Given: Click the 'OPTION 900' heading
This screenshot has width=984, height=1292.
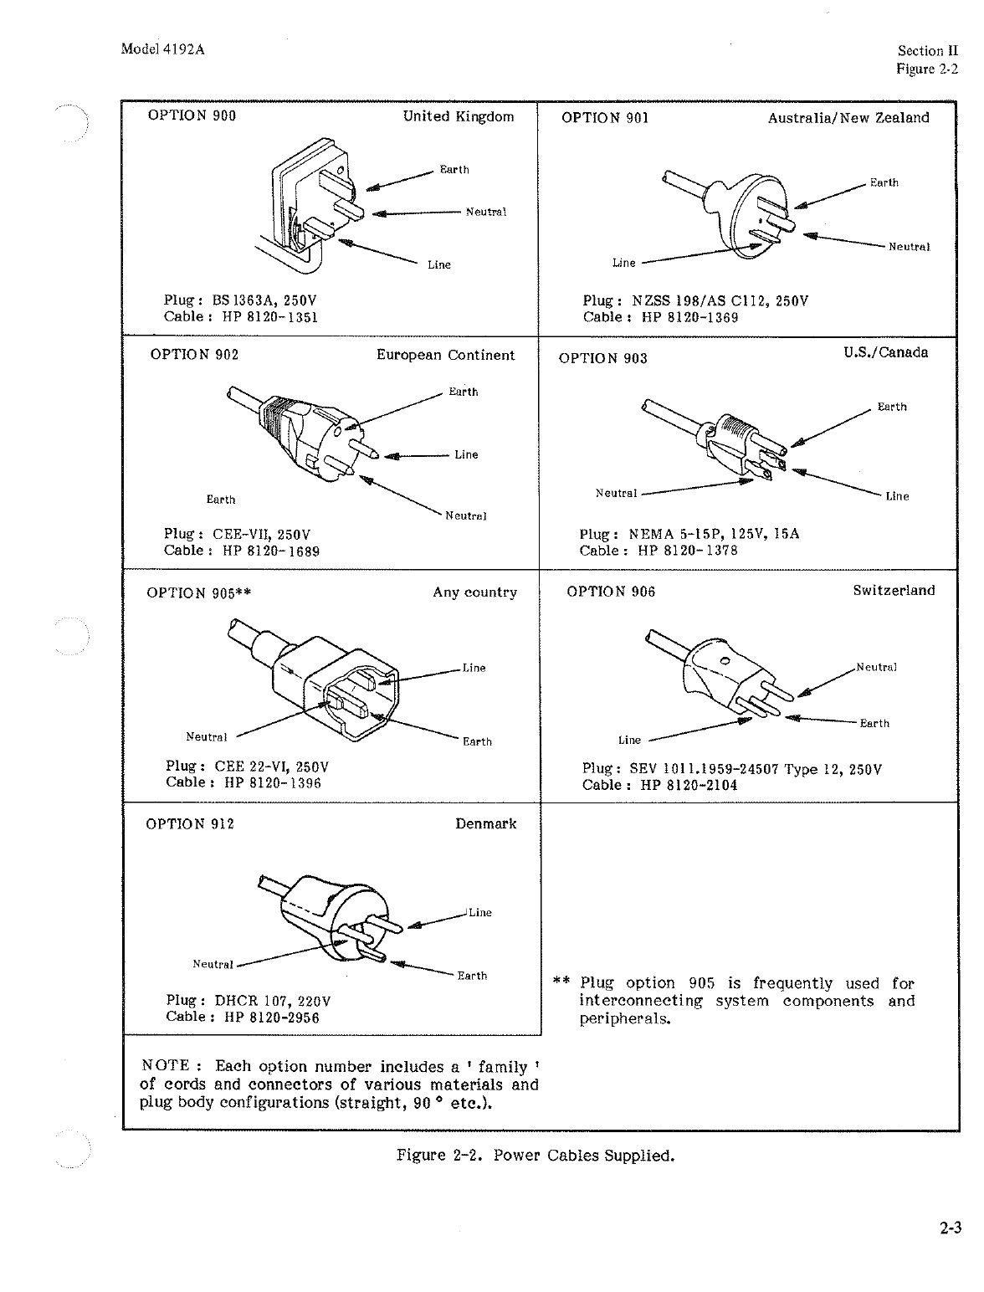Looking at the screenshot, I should [192, 115].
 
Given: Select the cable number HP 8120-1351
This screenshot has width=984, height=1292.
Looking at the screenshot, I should [270, 316].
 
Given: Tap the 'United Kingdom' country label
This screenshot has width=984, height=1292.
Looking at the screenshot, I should [458, 116].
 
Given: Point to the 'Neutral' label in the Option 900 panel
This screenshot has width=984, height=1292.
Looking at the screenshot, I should [485, 212].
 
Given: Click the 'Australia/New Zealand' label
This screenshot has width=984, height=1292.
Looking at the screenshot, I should [848, 118].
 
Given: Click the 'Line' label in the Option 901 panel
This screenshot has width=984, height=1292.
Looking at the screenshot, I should [623, 263].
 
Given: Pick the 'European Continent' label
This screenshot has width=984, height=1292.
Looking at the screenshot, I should [445, 355].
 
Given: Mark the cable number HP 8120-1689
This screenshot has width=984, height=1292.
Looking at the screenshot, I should [271, 551].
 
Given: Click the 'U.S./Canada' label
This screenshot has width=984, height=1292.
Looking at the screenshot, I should [885, 352].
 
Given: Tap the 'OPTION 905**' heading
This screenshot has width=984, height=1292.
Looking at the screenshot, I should [199, 593].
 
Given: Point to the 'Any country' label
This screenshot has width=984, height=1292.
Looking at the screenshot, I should [474, 592].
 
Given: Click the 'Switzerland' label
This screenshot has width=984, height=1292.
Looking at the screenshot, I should [894, 591].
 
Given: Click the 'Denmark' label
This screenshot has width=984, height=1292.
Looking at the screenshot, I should [485, 823].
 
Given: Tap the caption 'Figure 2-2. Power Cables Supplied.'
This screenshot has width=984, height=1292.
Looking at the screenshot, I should [536, 1156].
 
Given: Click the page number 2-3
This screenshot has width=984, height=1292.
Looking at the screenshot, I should [950, 1229].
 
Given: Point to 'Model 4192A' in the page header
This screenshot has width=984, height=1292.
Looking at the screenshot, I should [163, 49].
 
